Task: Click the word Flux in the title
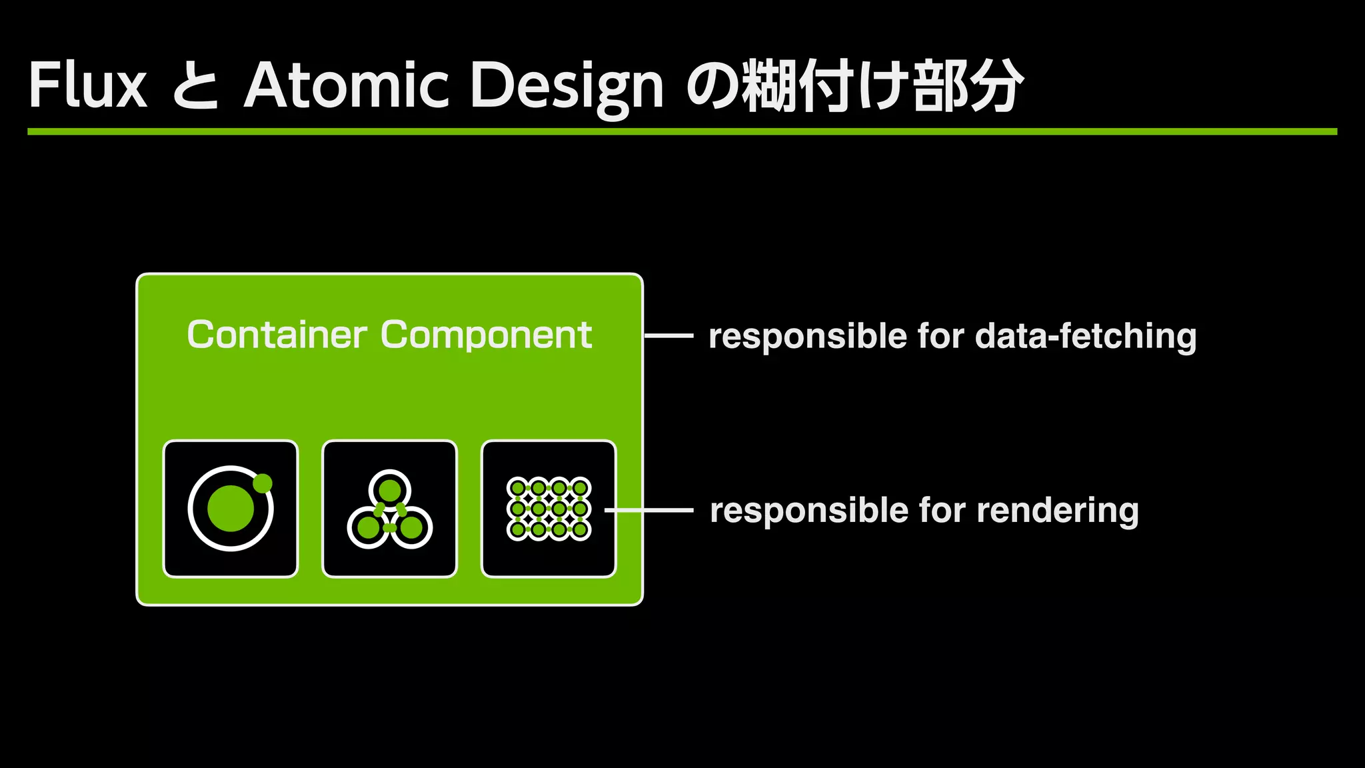coord(87,85)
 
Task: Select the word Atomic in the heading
coord(347,85)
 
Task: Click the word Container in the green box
coord(277,335)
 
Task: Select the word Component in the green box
coord(486,335)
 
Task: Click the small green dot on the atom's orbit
coord(263,483)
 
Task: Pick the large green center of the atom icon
coord(231,509)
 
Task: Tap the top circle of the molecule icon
coord(390,491)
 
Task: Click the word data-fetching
coord(1086,336)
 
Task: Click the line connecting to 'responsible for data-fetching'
coord(669,336)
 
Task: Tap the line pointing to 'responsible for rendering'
coord(650,511)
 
